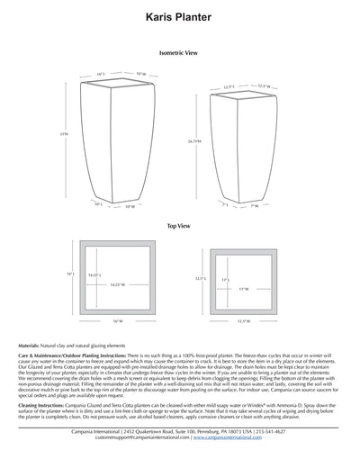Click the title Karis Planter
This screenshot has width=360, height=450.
179,17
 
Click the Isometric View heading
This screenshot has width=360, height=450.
179,53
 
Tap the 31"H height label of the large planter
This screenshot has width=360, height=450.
64,134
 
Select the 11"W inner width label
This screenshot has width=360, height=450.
243,288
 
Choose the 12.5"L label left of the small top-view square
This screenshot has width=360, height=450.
201,277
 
